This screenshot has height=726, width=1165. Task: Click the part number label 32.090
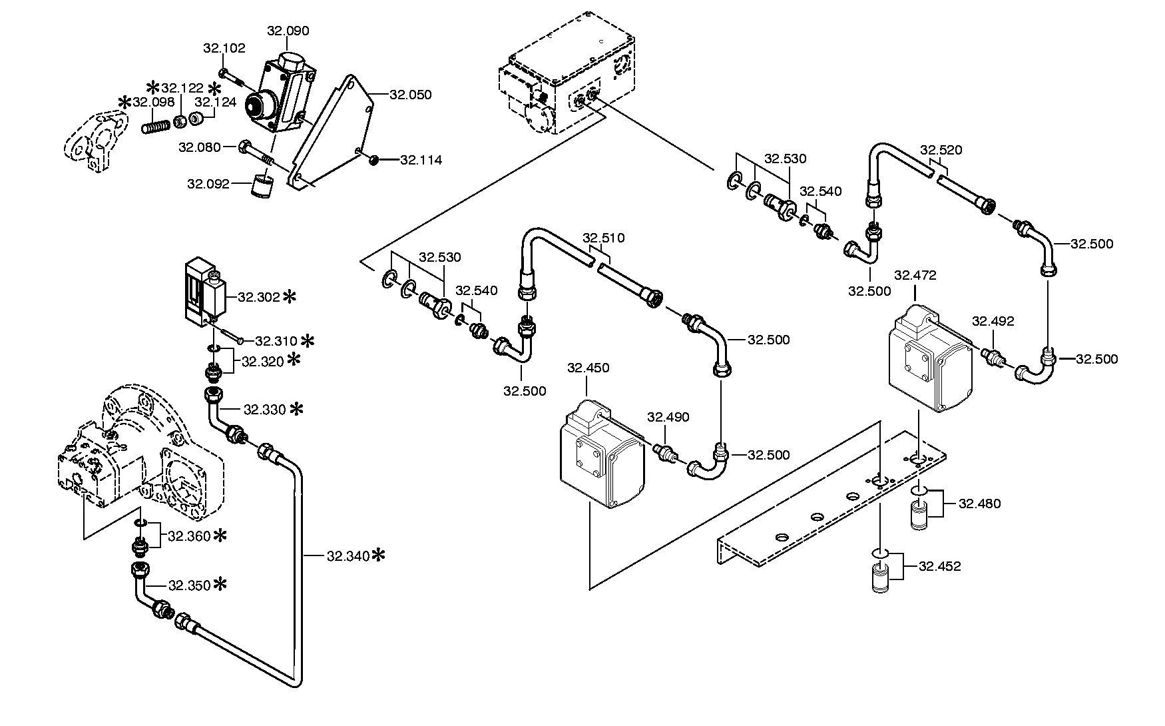click(x=288, y=31)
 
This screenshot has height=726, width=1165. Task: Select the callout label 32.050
click(x=411, y=95)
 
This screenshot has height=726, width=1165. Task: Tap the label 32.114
click(x=421, y=160)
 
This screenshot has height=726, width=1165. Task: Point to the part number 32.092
click(x=208, y=183)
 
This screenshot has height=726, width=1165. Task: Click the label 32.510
click(x=604, y=238)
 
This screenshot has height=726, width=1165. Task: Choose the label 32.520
click(x=941, y=150)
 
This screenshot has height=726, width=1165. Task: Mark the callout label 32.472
click(x=915, y=275)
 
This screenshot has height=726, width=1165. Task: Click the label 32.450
click(x=588, y=368)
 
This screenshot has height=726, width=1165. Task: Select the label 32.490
click(x=668, y=417)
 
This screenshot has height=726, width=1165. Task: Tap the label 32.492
click(x=993, y=321)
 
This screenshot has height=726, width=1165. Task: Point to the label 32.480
click(x=979, y=504)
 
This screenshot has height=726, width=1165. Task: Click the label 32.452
click(x=940, y=566)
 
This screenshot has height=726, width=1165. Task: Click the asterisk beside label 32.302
click(x=290, y=297)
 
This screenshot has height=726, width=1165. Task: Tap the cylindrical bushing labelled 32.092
click(x=261, y=186)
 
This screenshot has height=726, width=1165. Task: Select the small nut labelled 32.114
click(x=374, y=159)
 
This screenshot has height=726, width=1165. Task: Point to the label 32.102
click(x=224, y=48)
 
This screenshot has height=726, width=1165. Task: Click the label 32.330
click(x=265, y=409)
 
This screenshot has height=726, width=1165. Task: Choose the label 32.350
click(x=189, y=585)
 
